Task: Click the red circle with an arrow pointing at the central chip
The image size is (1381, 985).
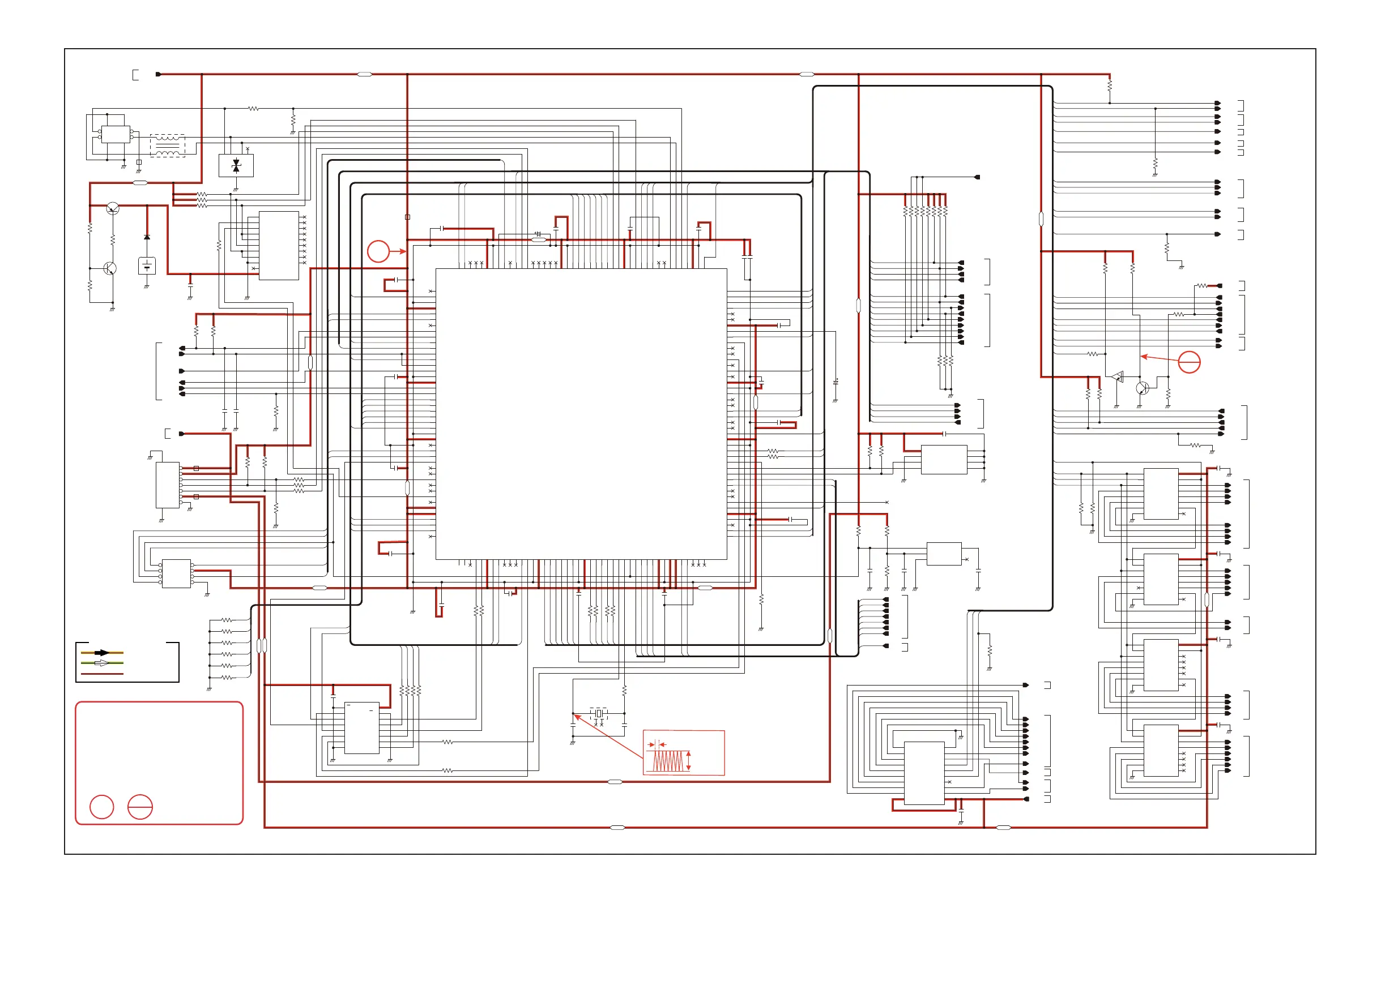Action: point(378,251)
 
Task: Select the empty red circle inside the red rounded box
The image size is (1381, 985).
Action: point(101,807)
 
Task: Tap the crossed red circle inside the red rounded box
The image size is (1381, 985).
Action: point(140,807)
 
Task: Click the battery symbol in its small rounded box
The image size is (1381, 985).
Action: point(147,265)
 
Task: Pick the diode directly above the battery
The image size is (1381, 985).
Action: point(147,237)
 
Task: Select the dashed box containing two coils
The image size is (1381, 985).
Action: point(168,145)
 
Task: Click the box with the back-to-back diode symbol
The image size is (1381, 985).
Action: point(236,165)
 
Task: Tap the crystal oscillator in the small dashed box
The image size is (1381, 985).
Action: point(599,714)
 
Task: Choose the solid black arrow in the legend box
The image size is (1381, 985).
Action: point(102,653)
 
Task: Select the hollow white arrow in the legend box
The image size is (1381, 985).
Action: point(102,663)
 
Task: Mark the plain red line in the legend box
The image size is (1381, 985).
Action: point(102,673)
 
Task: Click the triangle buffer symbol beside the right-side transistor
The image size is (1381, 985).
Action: point(1118,377)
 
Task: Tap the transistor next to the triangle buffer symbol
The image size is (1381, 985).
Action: point(1142,388)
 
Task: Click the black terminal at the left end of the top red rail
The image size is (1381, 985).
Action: point(159,74)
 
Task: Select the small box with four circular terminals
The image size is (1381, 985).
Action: point(116,135)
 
